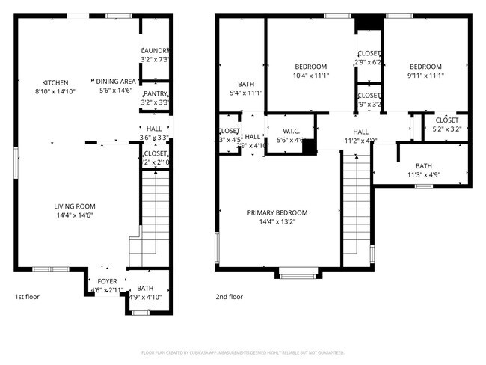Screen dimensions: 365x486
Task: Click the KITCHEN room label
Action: coord(55,82)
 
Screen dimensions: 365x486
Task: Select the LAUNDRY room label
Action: coord(155,51)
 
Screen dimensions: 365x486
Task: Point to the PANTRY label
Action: coord(155,94)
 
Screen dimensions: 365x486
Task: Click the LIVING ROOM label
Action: coord(74,206)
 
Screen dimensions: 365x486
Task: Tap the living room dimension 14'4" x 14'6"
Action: coord(74,216)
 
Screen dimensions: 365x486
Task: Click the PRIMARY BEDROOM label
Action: coord(277,212)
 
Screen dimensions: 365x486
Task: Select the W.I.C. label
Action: coord(291,131)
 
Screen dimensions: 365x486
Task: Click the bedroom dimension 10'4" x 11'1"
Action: coord(310,76)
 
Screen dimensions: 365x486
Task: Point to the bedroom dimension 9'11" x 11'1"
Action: coord(425,76)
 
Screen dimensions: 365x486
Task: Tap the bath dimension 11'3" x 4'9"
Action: coord(424,176)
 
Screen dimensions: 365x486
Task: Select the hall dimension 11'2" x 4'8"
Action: coord(360,140)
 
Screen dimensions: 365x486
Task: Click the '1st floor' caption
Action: coord(28,297)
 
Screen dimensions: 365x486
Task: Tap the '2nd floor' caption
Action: coord(229,297)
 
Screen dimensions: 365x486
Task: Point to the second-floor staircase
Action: coord(356,209)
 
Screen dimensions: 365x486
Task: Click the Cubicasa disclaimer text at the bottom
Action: coord(243,352)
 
